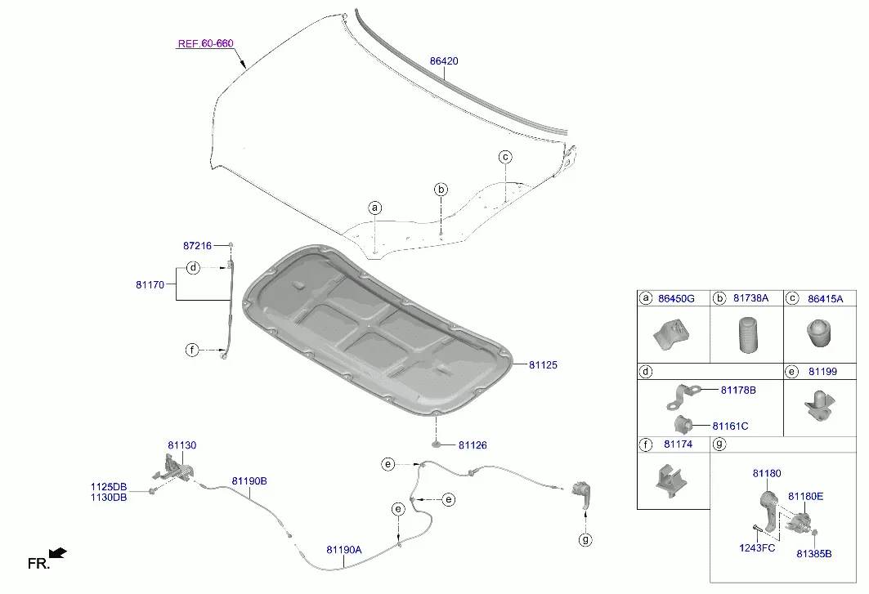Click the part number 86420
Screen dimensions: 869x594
(x=444, y=61)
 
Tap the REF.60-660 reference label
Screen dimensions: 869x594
(x=206, y=43)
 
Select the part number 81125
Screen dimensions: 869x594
(x=543, y=364)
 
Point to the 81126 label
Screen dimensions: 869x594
(x=473, y=445)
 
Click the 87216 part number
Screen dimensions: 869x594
(x=197, y=245)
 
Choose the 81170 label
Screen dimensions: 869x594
(x=150, y=285)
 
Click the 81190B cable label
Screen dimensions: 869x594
(x=249, y=481)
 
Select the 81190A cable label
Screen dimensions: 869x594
(x=344, y=550)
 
